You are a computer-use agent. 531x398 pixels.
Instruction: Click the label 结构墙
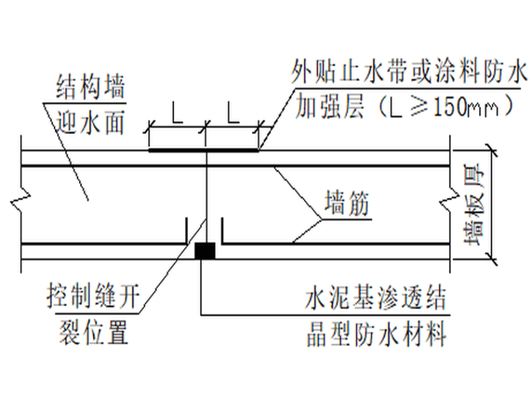tap(90, 89)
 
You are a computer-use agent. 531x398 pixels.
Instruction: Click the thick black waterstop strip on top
tap(203, 149)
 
